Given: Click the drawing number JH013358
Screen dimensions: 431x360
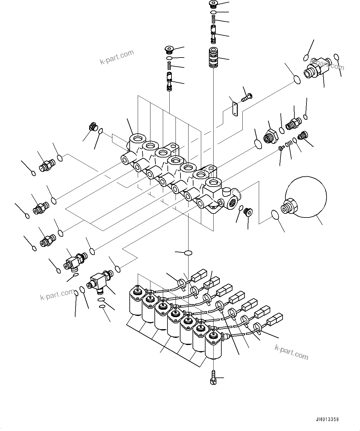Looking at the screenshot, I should point(327,420).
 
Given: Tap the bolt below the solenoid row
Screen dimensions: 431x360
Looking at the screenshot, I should point(213,378).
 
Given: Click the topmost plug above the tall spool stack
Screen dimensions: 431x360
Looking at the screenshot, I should point(213,4).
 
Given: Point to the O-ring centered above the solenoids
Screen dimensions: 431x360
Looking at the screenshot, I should point(188,253).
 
